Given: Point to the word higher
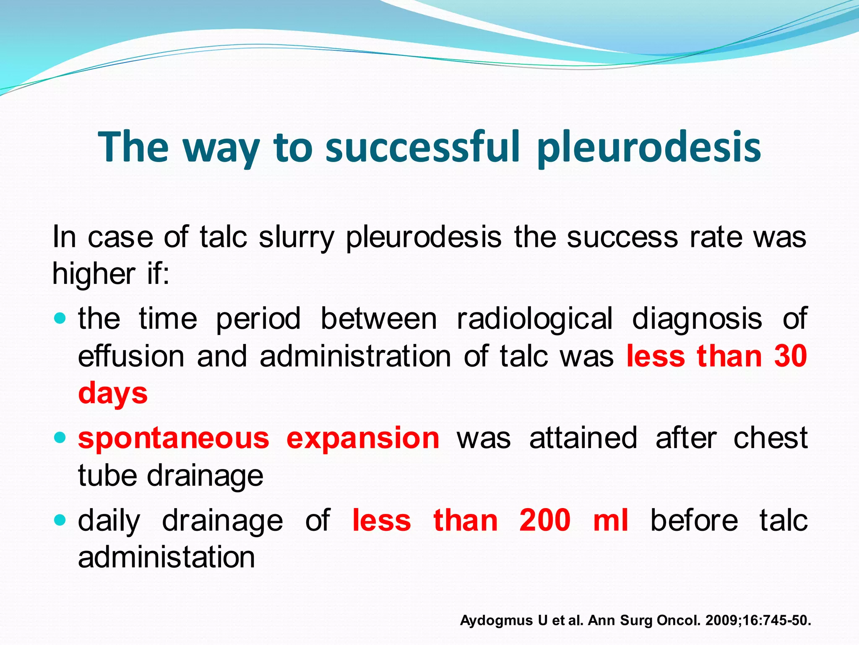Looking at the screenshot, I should point(94,274).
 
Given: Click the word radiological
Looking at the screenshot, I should point(534,318).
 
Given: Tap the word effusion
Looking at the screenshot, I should point(131,356).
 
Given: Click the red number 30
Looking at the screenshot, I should point(791,356).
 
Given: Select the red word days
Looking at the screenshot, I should point(113,394).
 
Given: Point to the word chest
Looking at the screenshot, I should point(770,438).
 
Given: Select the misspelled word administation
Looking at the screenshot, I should point(167,557).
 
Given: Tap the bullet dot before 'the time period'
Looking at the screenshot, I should point(60,319).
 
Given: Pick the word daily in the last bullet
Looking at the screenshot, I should point(109,521).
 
